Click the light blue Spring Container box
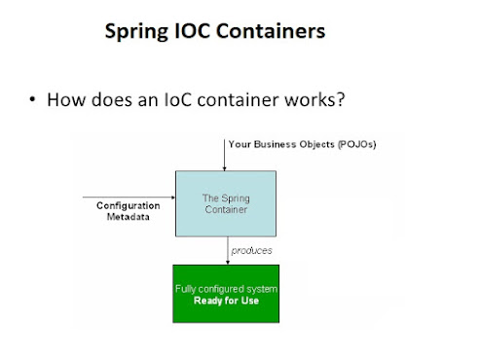(x=225, y=202)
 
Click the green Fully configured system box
(x=225, y=294)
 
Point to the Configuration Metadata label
(x=128, y=211)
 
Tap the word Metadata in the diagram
(x=128, y=217)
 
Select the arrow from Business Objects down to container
(x=225, y=156)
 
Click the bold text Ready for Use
(x=225, y=301)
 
